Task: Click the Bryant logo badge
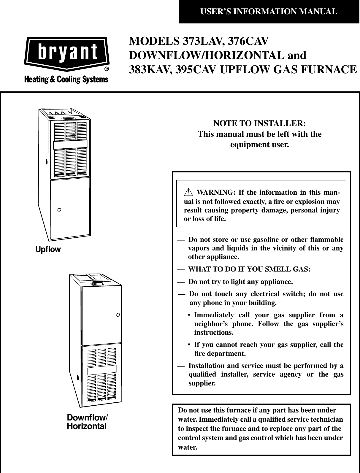tap(66, 54)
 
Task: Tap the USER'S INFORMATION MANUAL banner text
tap(269, 12)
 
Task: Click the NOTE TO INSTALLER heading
tap(260, 123)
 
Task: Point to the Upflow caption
tap(48, 249)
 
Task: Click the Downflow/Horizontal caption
tap(88, 422)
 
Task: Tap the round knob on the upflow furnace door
tap(59, 210)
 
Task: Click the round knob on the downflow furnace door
tap(118, 314)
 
